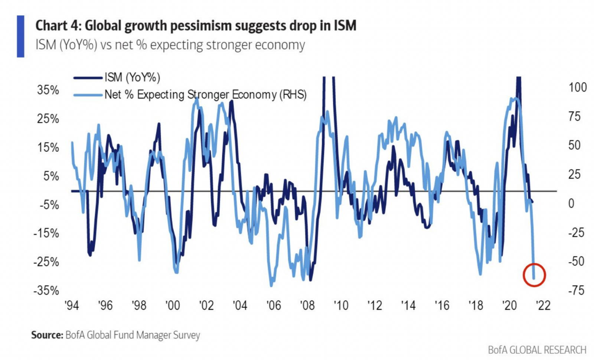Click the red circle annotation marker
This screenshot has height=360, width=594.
tap(534, 275)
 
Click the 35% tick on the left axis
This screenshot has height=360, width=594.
tap(48, 90)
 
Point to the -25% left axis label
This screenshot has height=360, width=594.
tap(46, 262)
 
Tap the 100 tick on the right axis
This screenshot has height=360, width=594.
tap(578, 87)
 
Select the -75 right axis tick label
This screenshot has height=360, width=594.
tap(576, 290)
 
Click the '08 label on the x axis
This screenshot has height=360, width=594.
tap(307, 305)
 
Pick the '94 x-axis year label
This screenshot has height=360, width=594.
tap(72, 305)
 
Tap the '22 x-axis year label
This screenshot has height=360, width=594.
tap(543, 305)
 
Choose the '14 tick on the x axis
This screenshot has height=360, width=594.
tap(408, 305)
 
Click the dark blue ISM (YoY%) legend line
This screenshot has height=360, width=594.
tap(88, 78)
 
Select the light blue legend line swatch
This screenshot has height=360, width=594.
tap(88, 95)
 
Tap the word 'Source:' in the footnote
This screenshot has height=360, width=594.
tap(47, 335)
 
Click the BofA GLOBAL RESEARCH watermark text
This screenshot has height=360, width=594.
tap(537, 350)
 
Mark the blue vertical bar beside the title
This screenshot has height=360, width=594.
tap(20, 36)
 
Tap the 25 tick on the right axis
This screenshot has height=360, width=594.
tap(574, 174)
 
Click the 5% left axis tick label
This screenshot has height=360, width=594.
tap(51, 176)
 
